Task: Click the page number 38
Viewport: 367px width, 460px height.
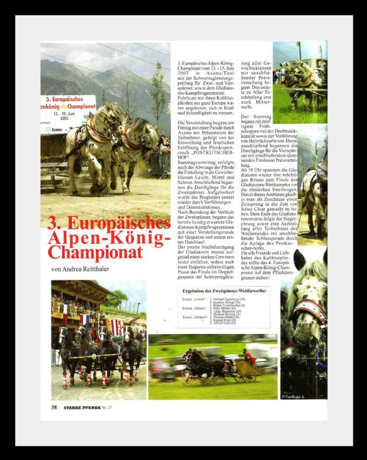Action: tap(53, 407)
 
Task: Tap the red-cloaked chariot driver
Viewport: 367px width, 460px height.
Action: tap(250, 358)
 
